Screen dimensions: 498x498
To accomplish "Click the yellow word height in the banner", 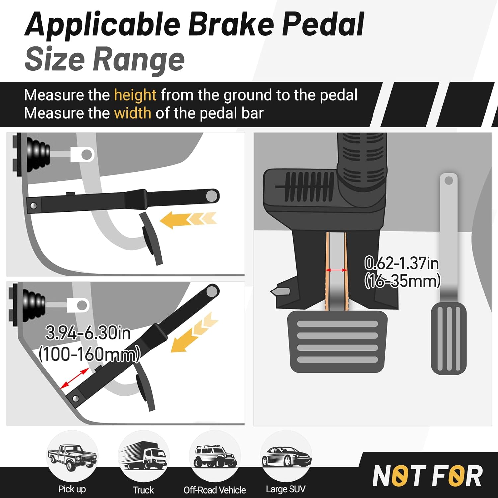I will [x=135, y=95].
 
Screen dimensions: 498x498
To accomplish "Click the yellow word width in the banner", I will [x=132, y=113].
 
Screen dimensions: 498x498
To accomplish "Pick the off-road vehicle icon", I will [x=215, y=456].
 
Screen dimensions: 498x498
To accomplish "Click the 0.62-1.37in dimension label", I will [x=401, y=263].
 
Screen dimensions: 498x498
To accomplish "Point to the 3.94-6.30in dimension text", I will [x=88, y=333].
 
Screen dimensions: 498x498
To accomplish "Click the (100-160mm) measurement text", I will [x=89, y=354].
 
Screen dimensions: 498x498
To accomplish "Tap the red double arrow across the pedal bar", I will [x=336, y=270].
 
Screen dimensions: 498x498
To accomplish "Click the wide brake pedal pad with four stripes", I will [x=337, y=342].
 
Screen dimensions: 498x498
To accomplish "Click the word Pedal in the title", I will [x=323, y=24].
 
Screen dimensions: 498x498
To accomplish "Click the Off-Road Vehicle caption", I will [x=214, y=490].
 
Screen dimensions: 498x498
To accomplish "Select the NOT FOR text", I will [x=428, y=476].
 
